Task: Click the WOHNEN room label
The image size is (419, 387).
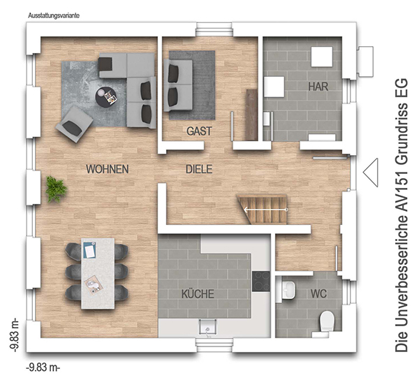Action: (x=108, y=169)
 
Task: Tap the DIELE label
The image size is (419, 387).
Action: (x=199, y=169)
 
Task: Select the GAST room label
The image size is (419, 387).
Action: (x=199, y=131)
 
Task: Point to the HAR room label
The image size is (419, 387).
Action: (x=318, y=87)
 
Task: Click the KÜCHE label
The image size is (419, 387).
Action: (x=198, y=293)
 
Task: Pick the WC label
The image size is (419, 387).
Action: (x=319, y=293)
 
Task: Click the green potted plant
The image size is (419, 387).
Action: (x=56, y=189)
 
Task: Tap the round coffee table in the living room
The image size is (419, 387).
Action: (x=106, y=97)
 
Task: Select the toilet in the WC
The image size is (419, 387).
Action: (x=327, y=321)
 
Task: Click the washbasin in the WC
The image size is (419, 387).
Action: (x=289, y=289)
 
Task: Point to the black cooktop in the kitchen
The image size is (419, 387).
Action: (x=261, y=281)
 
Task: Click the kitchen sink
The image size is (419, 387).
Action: (x=207, y=327)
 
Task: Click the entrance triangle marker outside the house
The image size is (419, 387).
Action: (x=371, y=173)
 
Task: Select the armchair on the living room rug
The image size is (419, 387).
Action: (x=74, y=124)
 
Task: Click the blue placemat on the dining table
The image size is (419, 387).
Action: (x=89, y=250)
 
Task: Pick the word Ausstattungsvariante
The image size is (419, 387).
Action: (x=54, y=16)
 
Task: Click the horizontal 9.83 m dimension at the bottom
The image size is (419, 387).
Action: (x=43, y=367)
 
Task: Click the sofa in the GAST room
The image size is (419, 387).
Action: (x=177, y=85)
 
